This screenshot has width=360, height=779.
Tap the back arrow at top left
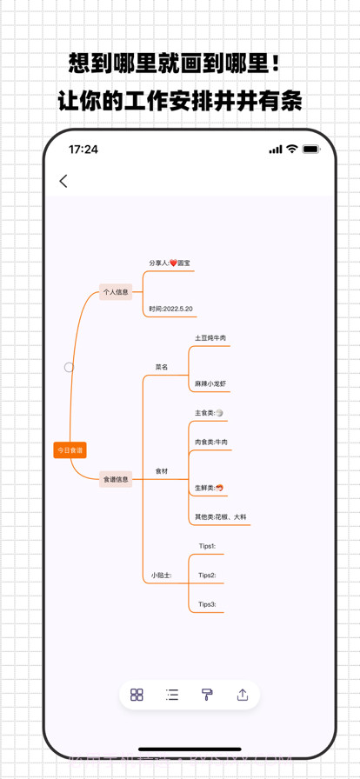coord(63,181)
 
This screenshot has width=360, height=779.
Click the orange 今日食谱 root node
coord(70,450)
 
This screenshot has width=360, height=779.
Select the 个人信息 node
coord(116,292)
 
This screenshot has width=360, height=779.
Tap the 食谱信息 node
coord(116,479)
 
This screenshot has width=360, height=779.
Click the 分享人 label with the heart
coord(169,263)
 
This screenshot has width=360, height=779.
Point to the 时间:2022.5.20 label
coord(170,309)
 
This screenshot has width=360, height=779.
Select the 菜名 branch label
coord(162,367)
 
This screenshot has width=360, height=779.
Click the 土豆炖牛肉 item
coord(210,338)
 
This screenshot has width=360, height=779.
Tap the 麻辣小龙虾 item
coord(210,383)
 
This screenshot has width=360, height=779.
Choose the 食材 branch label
coord(162,471)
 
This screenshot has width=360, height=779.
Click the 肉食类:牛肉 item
coord(211,443)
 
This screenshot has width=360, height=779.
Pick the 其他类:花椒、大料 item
coord(220,517)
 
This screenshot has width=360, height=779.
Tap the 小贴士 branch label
coord(162,576)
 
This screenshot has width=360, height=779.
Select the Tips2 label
coord(207,576)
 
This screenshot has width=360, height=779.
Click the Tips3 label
coord(207,604)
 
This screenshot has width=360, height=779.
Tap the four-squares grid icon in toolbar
coord(137,695)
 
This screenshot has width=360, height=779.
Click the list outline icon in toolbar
coord(172,695)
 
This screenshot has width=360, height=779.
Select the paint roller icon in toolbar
coord(207,695)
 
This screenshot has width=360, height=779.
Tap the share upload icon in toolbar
coord(243,695)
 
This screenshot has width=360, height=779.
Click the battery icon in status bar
coord(311,150)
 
